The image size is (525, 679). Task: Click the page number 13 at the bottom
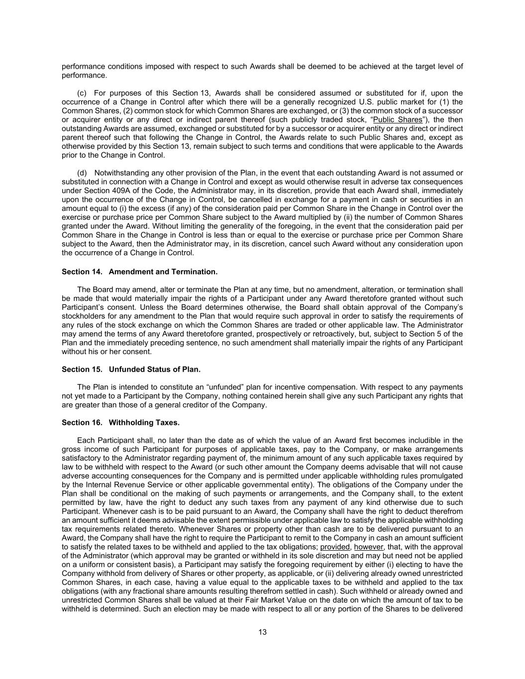[x=262, y=632]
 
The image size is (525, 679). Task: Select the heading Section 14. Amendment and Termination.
[x=139, y=272]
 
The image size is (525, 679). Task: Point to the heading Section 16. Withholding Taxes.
[x=120, y=422]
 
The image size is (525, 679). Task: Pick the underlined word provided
[x=335, y=547]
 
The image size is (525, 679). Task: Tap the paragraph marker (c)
[x=83, y=93]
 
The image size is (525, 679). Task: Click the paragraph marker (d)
[x=83, y=173]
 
